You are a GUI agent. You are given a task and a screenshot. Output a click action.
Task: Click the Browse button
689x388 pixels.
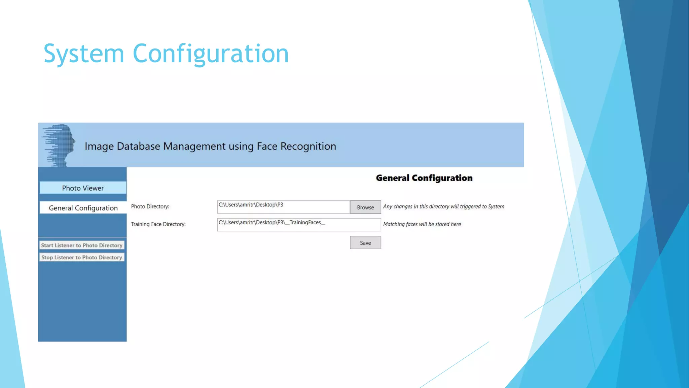[365, 207]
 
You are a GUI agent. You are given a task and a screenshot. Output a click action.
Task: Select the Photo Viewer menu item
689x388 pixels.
[83, 188]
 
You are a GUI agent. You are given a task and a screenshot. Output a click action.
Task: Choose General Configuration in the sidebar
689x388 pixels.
[83, 208]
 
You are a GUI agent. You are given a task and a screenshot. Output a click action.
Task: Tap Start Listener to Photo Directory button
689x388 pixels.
[82, 245]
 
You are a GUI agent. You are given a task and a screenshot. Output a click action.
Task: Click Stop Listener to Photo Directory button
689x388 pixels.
[82, 257]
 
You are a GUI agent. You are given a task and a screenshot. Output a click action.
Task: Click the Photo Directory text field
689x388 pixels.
[283, 207]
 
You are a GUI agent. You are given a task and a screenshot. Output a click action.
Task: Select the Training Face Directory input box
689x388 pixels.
[299, 225]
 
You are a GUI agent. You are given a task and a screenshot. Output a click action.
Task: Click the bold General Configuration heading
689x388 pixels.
[424, 178]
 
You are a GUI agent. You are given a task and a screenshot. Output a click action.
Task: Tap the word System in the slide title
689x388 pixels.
[84, 54]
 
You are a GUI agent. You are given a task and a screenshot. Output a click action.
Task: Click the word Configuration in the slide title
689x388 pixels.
[211, 54]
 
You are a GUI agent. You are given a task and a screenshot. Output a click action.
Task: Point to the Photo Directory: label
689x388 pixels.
[150, 206]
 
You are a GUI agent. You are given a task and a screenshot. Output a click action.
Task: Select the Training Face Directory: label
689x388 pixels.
[158, 224]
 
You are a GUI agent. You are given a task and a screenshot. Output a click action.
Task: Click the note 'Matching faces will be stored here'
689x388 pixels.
[422, 224]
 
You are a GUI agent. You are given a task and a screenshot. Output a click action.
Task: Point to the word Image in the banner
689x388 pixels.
[99, 146]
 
